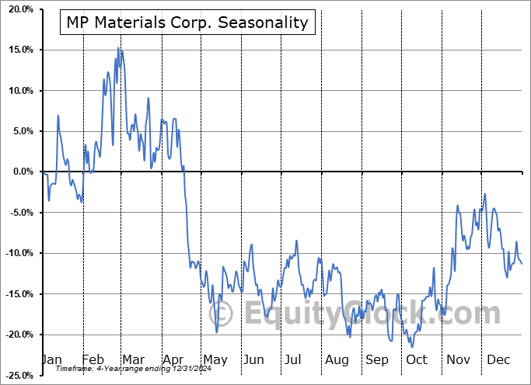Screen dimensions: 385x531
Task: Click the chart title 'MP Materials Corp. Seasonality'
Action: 187,23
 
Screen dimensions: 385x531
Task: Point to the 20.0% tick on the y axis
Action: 19,9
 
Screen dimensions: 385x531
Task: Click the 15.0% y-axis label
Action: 19,50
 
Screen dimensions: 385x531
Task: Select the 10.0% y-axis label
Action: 19,91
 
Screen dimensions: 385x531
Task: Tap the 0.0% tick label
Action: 20,172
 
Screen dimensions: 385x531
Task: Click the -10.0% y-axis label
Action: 17,253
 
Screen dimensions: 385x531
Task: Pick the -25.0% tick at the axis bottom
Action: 17,376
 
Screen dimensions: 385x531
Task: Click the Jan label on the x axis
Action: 51,359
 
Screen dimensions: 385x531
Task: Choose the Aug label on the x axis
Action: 337,359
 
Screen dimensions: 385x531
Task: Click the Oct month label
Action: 417,359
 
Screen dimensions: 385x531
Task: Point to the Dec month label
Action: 499,359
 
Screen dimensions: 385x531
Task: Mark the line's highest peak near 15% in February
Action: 118,48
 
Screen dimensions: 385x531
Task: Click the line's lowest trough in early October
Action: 412,347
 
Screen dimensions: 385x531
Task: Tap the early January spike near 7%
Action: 58,116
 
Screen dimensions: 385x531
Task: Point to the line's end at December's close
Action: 522,264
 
